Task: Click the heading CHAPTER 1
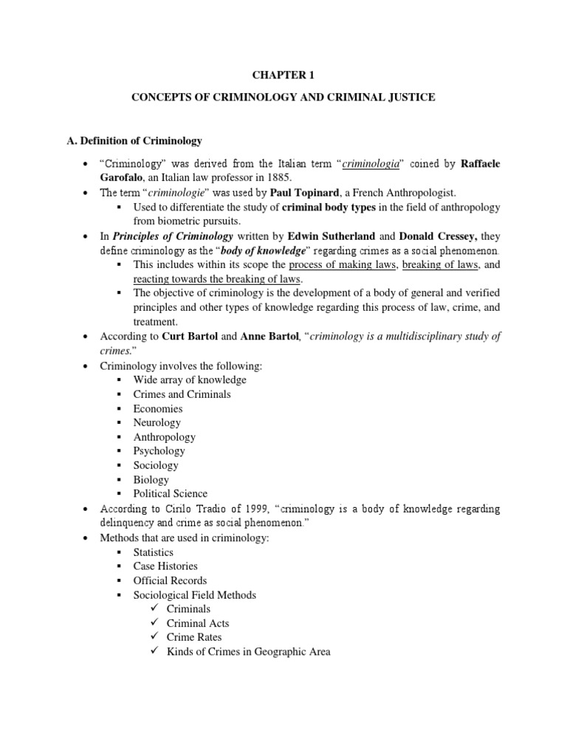[283, 74]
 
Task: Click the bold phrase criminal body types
[329, 207]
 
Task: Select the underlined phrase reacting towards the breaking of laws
[216, 279]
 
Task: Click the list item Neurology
[157, 422]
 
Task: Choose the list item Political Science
[170, 493]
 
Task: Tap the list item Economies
[157, 408]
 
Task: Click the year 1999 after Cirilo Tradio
[246, 509]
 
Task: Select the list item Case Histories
[165, 566]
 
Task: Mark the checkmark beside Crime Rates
[154, 636]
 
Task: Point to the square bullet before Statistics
[119, 552]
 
